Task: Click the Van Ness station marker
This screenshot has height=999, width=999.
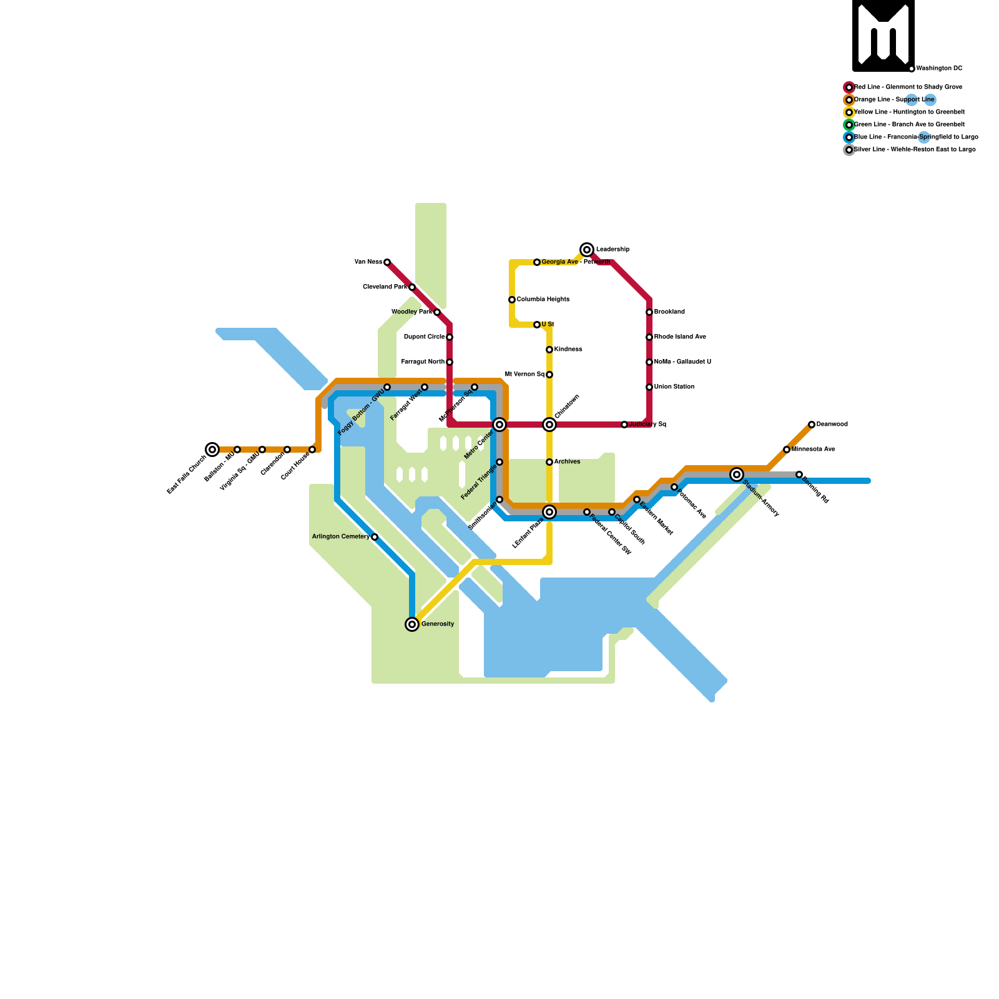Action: (387, 262)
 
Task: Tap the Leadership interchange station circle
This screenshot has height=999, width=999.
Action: (587, 250)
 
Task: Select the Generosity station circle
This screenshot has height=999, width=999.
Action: (412, 624)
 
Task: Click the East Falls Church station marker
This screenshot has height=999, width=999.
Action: (212, 450)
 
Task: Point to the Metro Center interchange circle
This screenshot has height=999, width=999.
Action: (499, 425)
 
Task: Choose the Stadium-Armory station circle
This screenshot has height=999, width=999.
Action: (737, 475)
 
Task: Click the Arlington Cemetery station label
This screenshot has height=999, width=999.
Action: (340, 537)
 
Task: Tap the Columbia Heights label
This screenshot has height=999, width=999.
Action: (543, 300)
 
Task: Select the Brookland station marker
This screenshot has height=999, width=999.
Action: (649, 312)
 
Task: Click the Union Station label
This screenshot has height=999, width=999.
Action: (674, 387)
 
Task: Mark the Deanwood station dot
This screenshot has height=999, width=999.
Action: (812, 425)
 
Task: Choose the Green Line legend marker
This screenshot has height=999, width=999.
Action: (849, 125)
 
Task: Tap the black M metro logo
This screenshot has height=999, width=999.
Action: (883, 36)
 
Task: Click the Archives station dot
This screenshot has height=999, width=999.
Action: (549, 462)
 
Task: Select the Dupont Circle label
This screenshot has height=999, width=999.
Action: (424, 337)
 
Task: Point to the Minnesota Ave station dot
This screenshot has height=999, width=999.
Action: (787, 450)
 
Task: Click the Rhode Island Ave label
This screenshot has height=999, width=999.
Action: (680, 337)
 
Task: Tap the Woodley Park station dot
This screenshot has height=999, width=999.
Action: (437, 312)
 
